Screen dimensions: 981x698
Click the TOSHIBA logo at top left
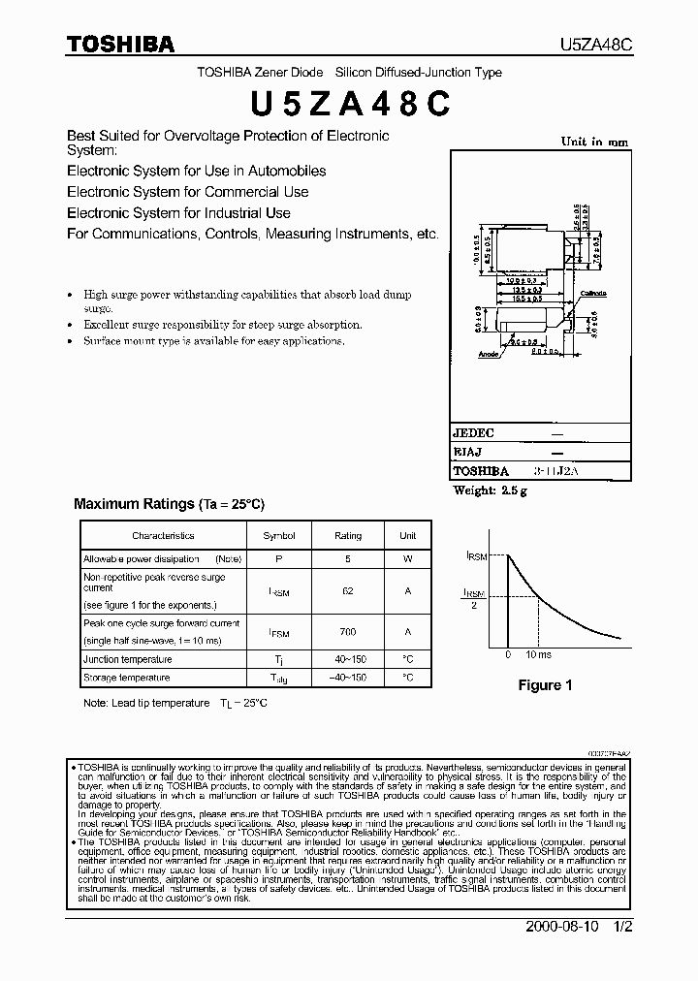point(120,44)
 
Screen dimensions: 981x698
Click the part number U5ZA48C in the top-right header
point(596,45)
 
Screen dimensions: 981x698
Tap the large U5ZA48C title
point(349,104)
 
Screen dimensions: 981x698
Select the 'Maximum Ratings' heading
point(135,504)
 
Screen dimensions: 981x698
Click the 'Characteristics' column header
point(163,535)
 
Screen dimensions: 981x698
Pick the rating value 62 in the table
point(348,588)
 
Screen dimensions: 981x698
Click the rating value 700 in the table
point(348,631)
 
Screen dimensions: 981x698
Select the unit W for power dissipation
point(407,558)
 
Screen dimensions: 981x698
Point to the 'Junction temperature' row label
point(127,659)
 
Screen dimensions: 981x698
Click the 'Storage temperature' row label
point(126,678)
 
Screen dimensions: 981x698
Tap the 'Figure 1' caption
point(545,685)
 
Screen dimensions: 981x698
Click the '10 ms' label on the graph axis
point(538,654)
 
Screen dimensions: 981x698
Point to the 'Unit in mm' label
point(594,142)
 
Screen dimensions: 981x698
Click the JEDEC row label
point(473,433)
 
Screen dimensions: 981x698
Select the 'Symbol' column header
point(279,535)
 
